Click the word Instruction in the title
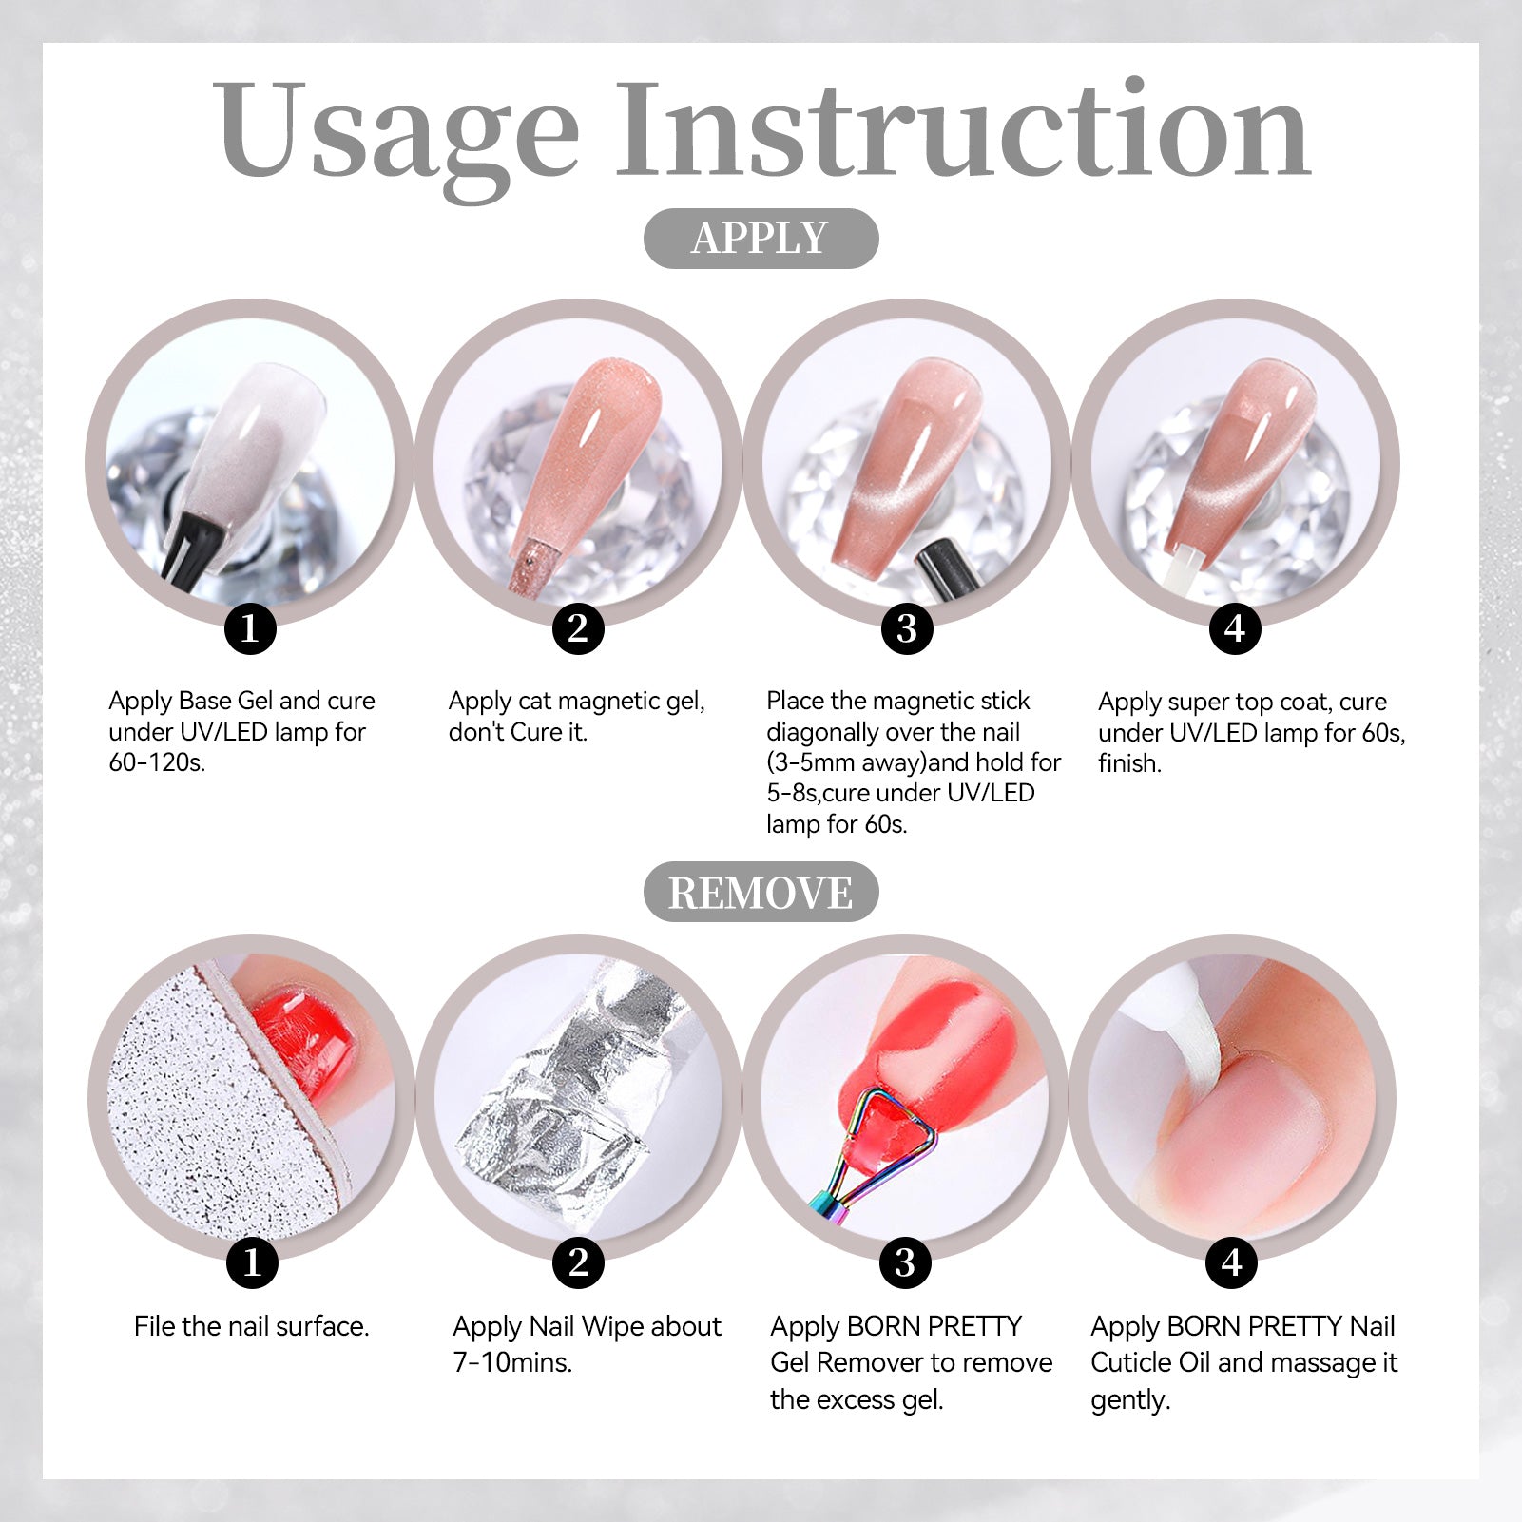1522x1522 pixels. pos(963,129)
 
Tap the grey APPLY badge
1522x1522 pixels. pos(761,238)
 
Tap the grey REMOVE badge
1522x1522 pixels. pos(761,892)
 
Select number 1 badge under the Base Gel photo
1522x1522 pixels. pos(250,627)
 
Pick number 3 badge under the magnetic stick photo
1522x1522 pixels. pos(907,627)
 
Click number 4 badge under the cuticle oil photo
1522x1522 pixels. pos(1232,1262)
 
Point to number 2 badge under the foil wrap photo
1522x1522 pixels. pos(578,1262)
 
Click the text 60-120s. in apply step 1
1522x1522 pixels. pos(157,762)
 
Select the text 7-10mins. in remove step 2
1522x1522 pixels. pos(512,1362)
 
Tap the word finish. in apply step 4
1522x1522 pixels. pos(1129,763)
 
